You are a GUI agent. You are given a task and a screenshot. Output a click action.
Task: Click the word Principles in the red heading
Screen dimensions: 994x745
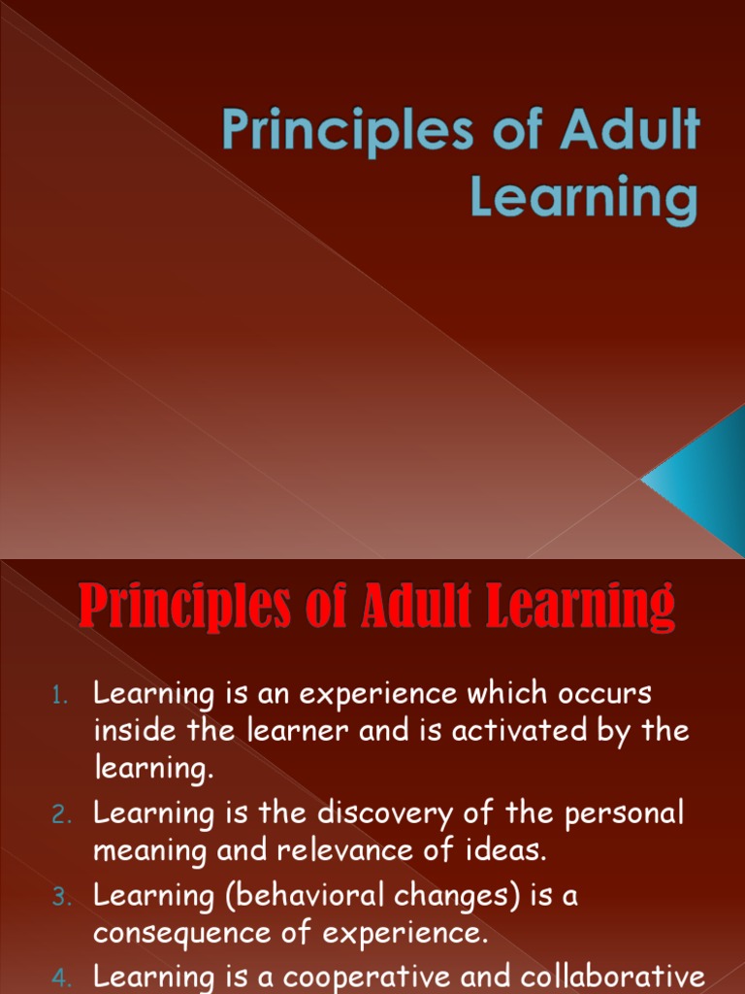(181, 606)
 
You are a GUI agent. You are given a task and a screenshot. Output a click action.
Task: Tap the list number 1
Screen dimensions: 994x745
(60, 695)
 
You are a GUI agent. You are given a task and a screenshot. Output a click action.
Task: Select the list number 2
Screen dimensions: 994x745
(60, 815)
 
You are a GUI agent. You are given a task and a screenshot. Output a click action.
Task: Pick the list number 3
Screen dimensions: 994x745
(60, 898)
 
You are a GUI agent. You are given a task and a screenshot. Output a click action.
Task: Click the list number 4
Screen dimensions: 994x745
(60, 977)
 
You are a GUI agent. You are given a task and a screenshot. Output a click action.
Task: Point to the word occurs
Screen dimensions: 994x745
(602, 695)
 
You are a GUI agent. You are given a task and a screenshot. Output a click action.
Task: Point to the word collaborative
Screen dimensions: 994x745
(616, 976)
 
